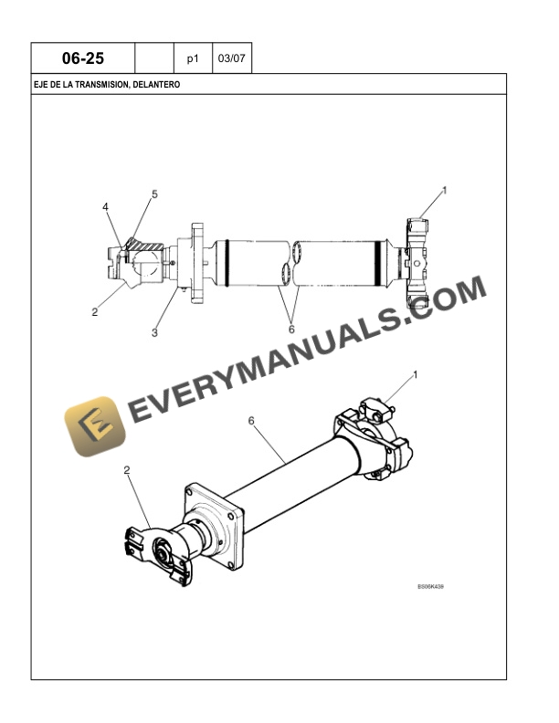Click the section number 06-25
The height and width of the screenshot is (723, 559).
[83, 58]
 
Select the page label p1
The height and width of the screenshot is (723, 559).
[193, 59]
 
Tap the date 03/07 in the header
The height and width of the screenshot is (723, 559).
[231, 58]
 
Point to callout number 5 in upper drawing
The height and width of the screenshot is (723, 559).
[154, 194]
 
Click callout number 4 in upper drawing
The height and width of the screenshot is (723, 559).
[106, 207]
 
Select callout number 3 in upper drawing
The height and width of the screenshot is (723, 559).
[154, 332]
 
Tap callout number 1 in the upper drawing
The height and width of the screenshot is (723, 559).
[445, 190]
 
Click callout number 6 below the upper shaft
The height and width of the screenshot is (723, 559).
[291, 330]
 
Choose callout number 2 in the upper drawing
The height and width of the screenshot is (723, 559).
[95, 312]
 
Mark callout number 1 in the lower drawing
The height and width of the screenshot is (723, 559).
[415, 375]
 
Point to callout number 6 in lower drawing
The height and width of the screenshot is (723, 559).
[251, 421]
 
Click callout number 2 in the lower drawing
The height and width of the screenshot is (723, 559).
[127, 470]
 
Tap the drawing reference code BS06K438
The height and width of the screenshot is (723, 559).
[431, 586]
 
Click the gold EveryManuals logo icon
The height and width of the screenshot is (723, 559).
[95, 426]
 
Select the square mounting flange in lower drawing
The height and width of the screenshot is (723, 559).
[215, 526]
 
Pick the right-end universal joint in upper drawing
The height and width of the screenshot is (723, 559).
[416, 263]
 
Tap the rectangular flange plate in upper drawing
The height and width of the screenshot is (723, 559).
[197, 263]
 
